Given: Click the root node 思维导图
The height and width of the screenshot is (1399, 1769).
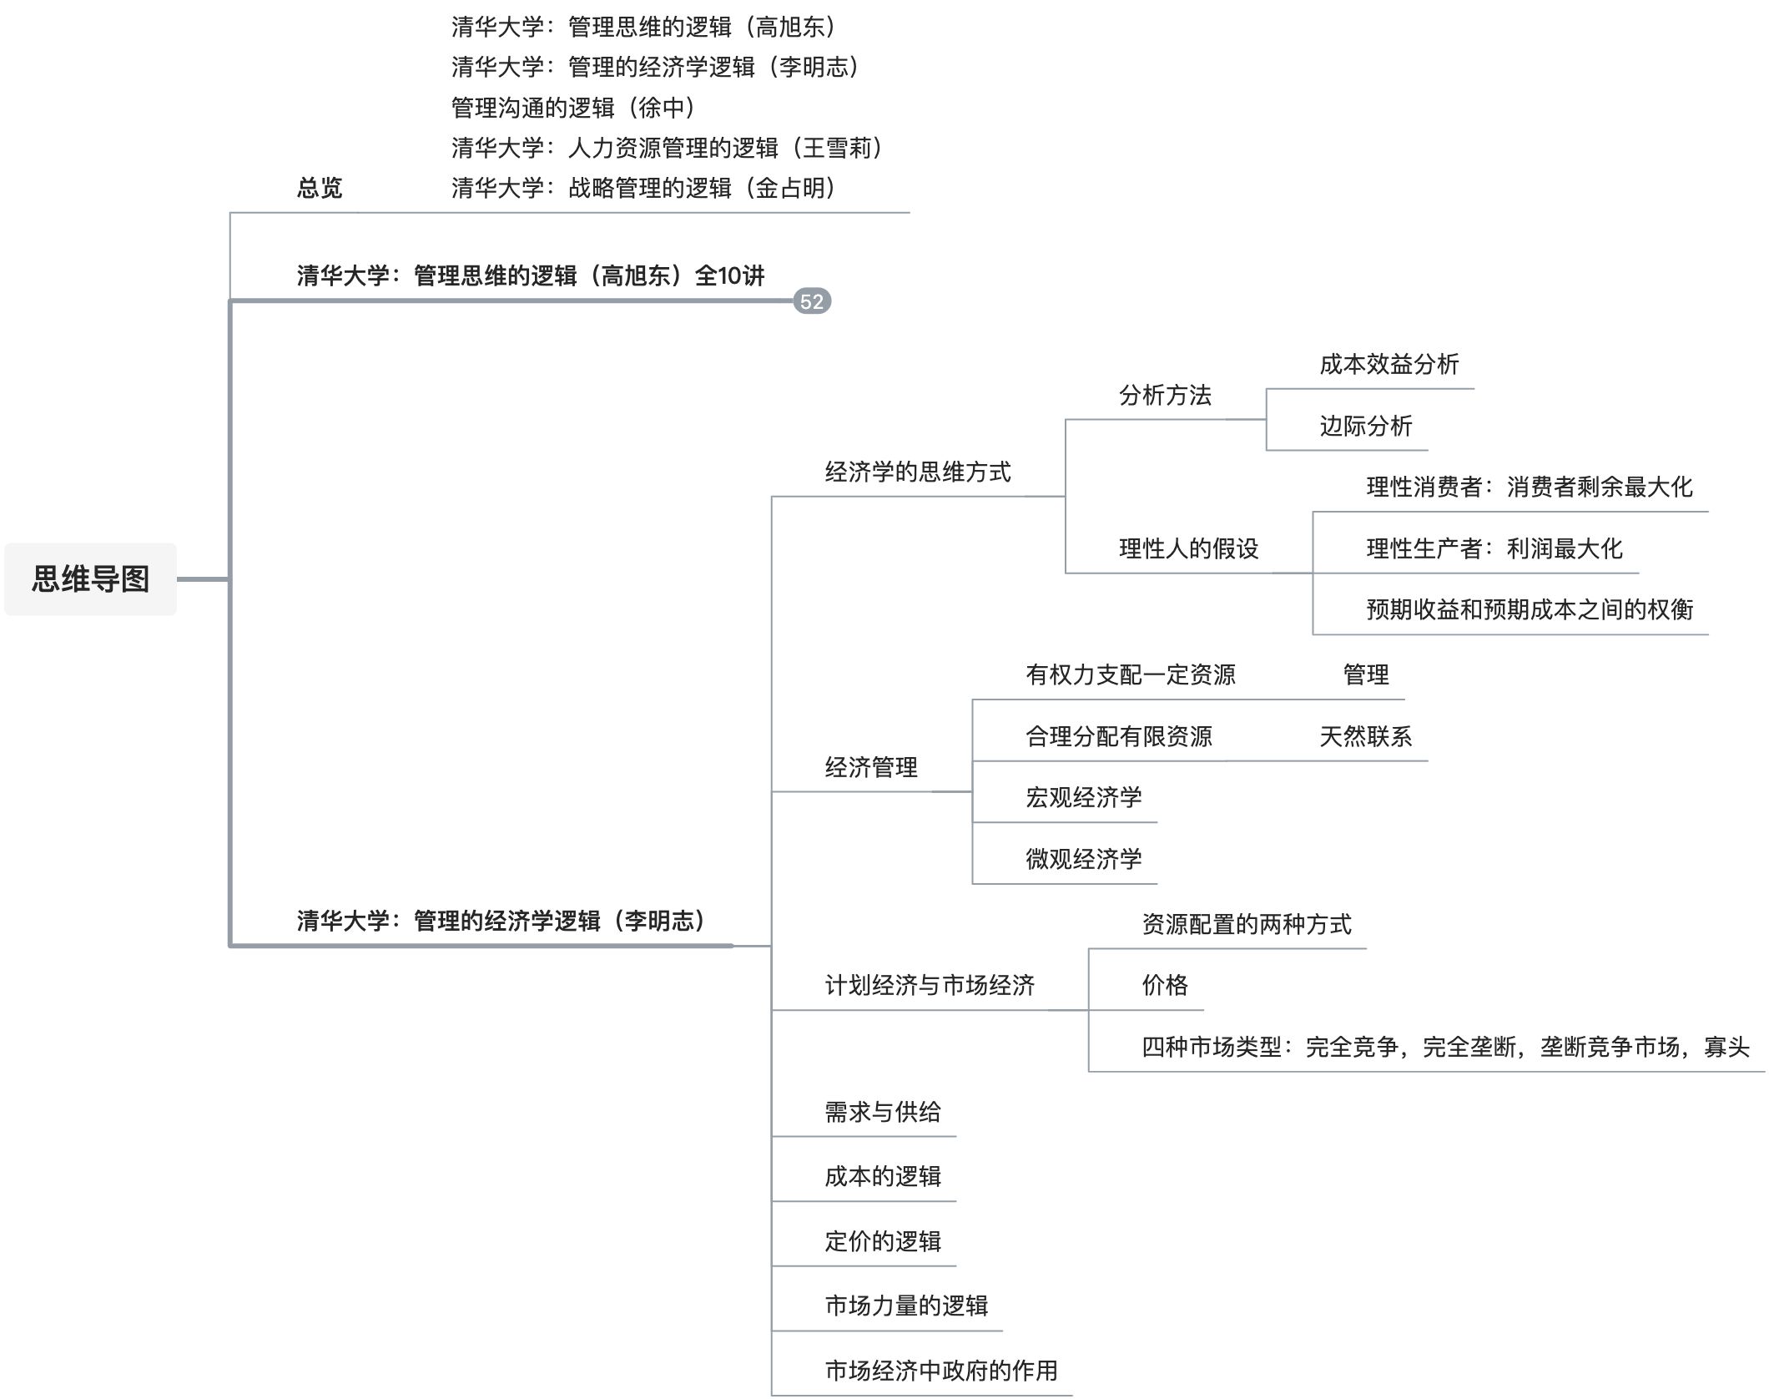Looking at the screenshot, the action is (90, 578).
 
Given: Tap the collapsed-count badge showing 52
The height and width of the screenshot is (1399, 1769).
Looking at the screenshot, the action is (811, 301).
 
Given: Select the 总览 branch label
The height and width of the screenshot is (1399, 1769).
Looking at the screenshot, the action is (320, 188).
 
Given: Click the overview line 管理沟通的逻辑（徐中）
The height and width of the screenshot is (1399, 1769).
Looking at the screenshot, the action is (574, 108).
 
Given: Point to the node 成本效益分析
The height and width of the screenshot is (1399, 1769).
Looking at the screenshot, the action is (1389, 364).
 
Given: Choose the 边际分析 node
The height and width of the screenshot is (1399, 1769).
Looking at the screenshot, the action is (1365, 426).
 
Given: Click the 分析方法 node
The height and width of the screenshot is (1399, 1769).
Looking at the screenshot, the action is (1165, 395).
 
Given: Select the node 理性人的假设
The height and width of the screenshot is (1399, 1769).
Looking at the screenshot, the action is (1188, 548).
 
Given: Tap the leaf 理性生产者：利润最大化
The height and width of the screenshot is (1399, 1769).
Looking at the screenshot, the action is (1494, 548).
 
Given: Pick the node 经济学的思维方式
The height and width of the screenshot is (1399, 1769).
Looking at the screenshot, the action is (918, 472).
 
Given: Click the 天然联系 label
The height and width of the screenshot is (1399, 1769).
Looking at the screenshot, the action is (1365, 736).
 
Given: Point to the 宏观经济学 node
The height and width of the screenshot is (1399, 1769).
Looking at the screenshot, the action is (1083, 797).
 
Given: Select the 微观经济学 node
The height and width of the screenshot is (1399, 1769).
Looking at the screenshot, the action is (1083, 859).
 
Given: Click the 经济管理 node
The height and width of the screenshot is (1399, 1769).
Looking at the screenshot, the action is (871, 767).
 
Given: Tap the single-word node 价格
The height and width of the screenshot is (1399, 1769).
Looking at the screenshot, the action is (1165, 985).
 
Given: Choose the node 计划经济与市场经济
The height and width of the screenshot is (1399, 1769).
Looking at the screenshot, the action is (930, 985).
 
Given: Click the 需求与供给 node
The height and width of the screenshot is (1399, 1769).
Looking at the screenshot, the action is (883, 1112).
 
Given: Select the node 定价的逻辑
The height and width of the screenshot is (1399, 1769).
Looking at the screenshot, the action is (883, 1241).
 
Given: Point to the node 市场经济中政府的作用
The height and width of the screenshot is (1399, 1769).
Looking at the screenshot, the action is (941, 1370).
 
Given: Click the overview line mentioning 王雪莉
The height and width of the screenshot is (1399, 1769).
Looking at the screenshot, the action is (668, 148).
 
